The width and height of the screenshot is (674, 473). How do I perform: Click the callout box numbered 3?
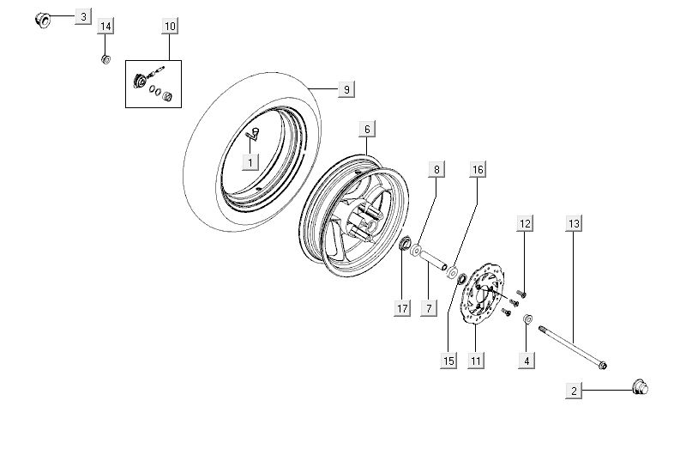(82, 17)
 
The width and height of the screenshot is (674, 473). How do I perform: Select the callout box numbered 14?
(105, 27)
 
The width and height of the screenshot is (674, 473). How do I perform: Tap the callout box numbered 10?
(170, 27)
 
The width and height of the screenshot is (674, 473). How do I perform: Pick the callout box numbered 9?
(346, 89)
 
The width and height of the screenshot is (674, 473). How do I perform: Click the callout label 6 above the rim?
(366, 130)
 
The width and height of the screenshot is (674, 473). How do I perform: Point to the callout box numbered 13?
(574, 224)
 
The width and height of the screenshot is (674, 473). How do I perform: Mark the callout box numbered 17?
(403, 309)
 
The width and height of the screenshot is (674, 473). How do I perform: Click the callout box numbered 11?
(474, 361)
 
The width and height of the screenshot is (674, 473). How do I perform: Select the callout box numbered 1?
(250, 161)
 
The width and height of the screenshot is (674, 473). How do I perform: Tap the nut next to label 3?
(42, 18)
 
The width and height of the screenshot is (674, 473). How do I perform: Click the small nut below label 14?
(105, 58)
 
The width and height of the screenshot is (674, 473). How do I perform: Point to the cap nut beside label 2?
(640, 389)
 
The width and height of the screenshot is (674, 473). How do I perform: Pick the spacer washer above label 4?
(528, 319)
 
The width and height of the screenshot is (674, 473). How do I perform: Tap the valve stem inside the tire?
(254, 132)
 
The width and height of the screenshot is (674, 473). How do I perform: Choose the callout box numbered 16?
(478, 170)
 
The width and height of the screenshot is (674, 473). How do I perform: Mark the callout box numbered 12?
(525, 224)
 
